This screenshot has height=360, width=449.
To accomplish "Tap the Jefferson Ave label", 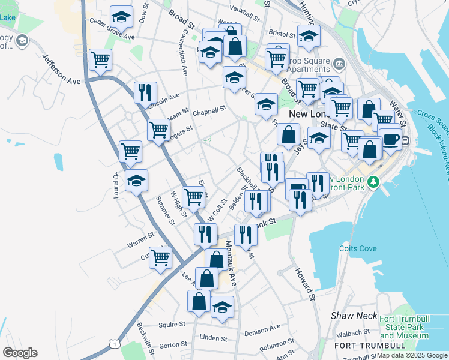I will tap(61, 69).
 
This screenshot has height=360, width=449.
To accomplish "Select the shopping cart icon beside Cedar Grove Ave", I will tap(100, 59).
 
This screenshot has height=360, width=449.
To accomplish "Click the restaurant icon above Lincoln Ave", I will tap(145, 92).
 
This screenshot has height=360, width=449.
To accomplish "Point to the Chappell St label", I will tap(209, 111).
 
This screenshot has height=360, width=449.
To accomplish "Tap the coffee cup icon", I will tap(390, 139).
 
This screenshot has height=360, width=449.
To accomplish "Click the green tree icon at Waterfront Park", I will tap(373, 181).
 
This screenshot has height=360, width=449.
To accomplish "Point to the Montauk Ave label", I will tap(232, 263).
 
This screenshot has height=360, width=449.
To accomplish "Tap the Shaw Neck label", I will tap(354, 316).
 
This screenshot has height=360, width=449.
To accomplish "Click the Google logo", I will tap(20, 353).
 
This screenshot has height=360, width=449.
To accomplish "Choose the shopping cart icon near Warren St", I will tap(160, 257).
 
